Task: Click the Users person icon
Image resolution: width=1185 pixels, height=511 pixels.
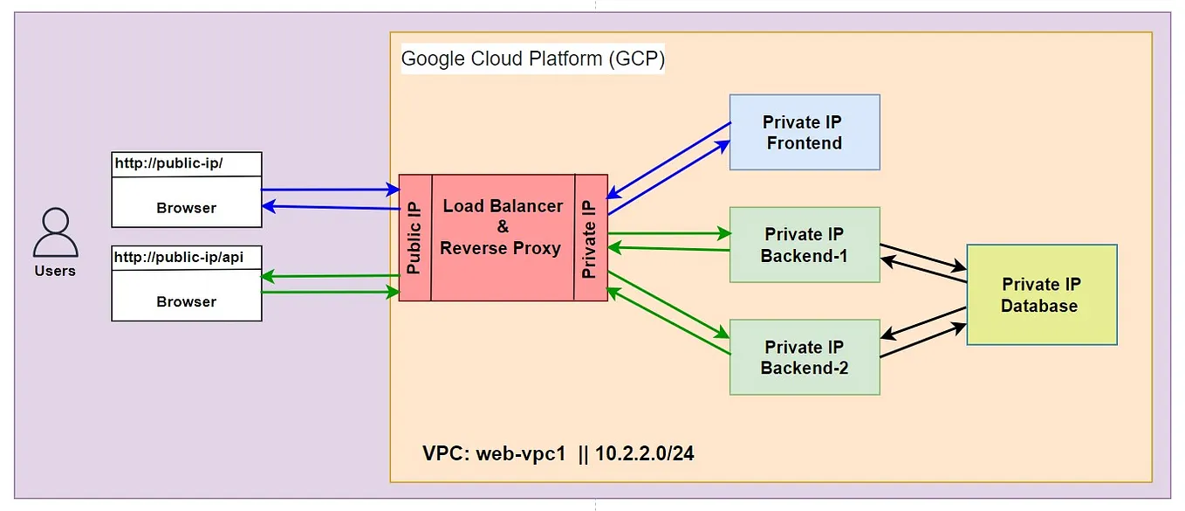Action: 55,232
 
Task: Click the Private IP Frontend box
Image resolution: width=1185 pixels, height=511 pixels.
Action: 804,132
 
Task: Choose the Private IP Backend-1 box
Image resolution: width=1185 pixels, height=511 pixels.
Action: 804,245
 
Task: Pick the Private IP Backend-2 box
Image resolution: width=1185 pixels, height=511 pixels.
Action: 804,357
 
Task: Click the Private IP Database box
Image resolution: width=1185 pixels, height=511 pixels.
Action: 1041,295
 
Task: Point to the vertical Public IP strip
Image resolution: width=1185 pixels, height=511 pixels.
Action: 414,238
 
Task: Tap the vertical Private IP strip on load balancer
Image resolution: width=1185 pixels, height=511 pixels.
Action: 591,238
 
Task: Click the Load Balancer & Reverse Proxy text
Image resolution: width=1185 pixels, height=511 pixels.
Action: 502,227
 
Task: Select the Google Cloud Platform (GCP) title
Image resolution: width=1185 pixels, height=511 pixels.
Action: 532,59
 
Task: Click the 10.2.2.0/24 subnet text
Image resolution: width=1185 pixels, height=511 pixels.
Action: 645,454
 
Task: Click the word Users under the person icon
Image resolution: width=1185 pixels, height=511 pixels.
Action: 55,271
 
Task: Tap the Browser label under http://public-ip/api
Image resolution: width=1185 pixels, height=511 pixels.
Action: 186,301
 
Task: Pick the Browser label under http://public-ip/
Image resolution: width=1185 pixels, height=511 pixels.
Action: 186,208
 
